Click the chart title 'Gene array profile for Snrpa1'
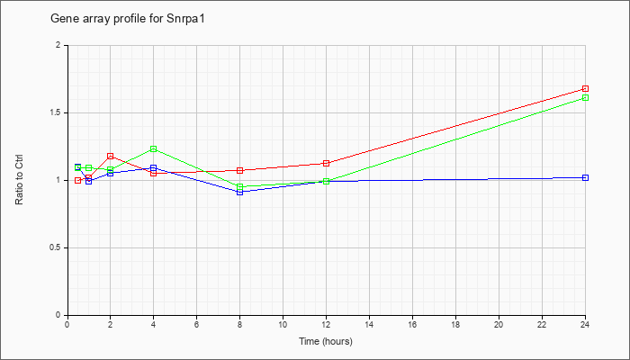(128, 19)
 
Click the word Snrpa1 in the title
(185, 19)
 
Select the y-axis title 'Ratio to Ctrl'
(19, 180)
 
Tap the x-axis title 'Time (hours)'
(326, 341)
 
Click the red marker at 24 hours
(585, 88)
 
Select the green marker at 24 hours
(585, 97)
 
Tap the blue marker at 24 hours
(585, 177)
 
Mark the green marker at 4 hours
(154, 149)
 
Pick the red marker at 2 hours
(110, 156)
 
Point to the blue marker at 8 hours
(240, 192)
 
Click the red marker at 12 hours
(326, 163)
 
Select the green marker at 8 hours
(240, 187)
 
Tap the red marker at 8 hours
(240, 170)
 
